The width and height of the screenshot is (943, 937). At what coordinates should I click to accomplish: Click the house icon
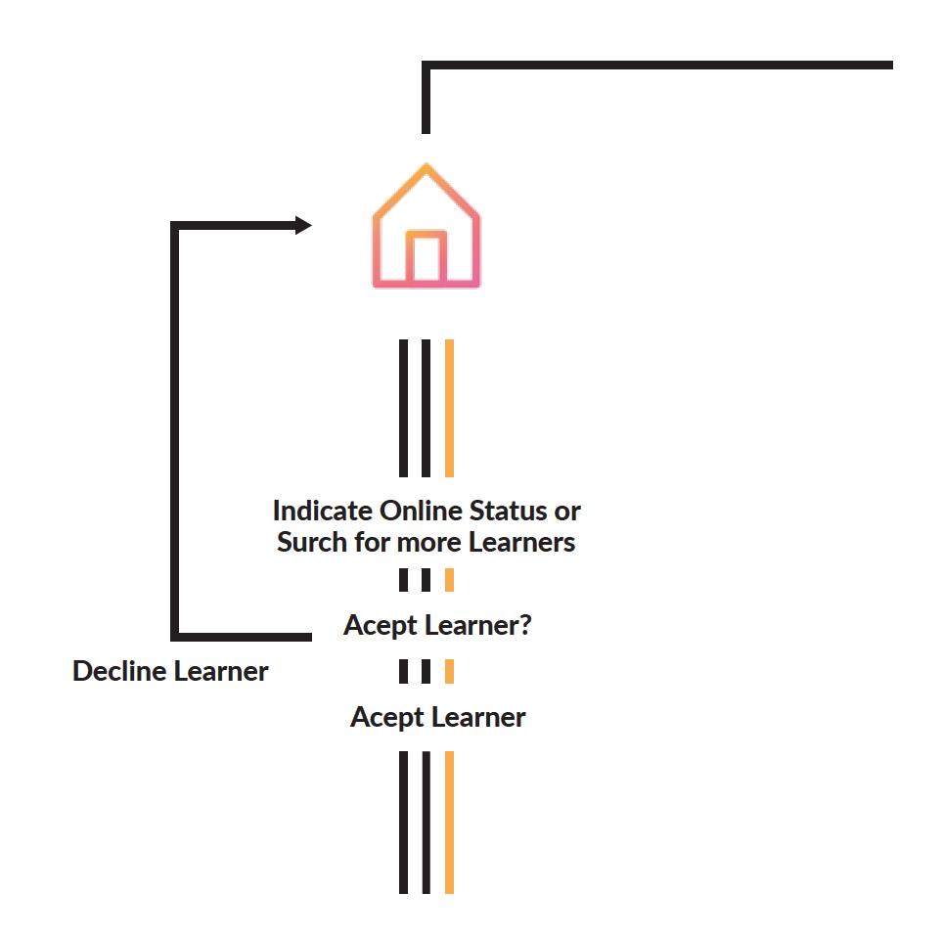tap(426, 227)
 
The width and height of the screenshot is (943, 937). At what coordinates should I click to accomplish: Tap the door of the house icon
tap(426, 257)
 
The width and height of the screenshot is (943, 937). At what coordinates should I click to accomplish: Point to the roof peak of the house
tap(426, 168)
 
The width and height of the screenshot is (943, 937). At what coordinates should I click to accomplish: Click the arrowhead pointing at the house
tap(303, 226)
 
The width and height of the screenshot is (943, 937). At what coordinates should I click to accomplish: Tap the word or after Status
tap(568, 512)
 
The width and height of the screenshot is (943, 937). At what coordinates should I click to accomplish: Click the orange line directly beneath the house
tap(449, 407)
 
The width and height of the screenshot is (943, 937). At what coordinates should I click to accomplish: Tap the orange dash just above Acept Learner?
tap(449, 579)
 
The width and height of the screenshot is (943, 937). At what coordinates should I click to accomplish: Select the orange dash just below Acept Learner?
tap(449, 671)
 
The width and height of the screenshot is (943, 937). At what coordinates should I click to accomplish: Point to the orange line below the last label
tap(449, 822)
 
